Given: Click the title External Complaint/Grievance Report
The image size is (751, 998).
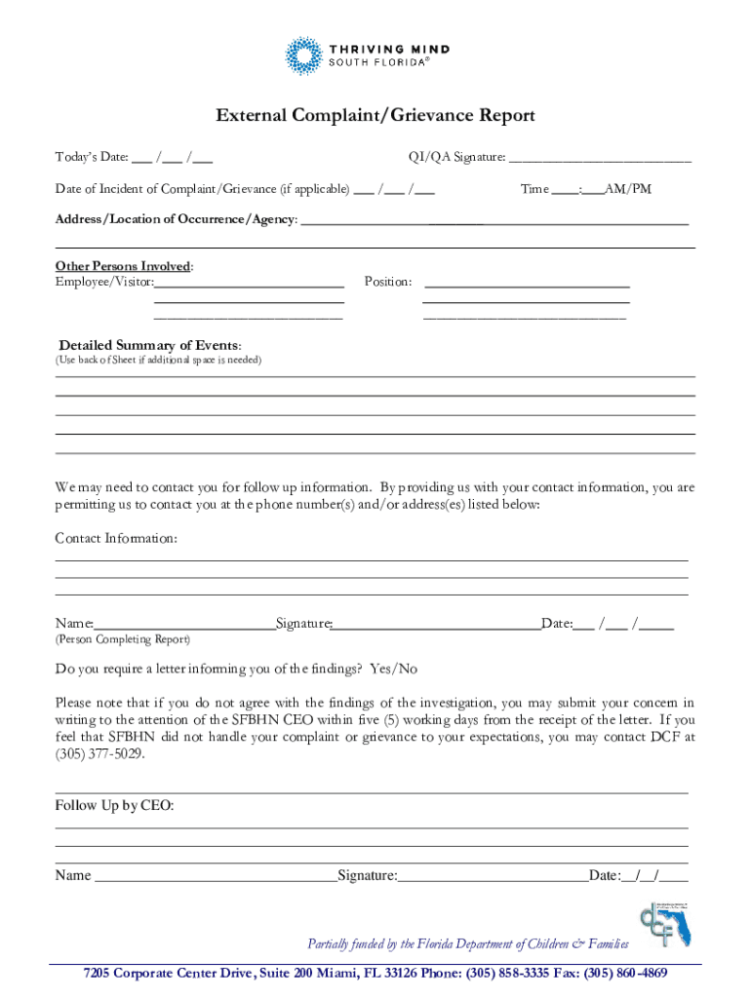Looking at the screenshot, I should pos(375,116).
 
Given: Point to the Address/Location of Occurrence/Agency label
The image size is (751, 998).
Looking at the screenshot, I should pos(177,220).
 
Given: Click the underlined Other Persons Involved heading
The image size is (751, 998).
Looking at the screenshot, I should pos(124,266).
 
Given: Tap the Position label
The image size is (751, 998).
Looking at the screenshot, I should pos(388,283).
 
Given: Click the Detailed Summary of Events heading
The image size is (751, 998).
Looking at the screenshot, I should pos(150,346).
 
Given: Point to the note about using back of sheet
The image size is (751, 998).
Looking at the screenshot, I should pos(158,361).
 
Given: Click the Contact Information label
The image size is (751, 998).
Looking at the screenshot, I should pos(116,539).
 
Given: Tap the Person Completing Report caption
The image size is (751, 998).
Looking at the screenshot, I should pos(123,640).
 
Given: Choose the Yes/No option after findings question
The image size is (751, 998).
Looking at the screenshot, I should pos(393,670).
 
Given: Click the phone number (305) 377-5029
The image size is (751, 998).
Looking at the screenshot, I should pos(100,753).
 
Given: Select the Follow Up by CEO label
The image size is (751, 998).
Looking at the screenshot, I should pos(114,806).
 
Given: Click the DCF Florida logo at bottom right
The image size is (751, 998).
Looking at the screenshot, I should pos(664,921).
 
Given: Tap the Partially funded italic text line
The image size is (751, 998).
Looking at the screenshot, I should pos(468,944).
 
